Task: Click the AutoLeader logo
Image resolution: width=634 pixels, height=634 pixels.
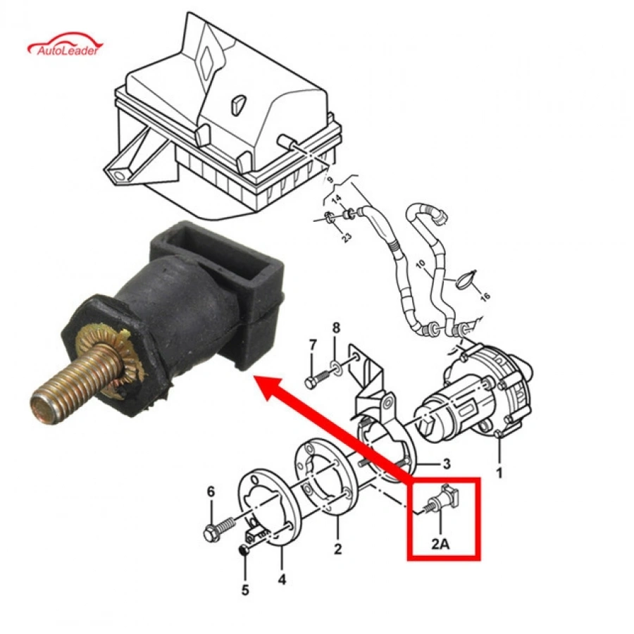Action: pos(65,44)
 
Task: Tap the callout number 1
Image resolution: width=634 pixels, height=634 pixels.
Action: pos(499,472)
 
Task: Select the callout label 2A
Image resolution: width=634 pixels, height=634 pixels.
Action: pos(440,544)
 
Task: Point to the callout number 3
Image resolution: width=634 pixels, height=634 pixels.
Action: pos(447,464)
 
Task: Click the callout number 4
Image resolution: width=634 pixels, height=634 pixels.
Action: pos(282,580)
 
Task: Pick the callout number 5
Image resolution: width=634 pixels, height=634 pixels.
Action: pos(245,590)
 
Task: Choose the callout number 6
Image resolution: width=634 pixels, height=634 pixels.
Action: pos(211,492)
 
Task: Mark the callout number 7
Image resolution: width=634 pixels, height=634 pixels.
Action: pos(313,346)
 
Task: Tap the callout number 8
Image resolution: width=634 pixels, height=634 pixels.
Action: pos(337,328)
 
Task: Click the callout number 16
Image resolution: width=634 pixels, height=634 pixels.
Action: pos(485,297)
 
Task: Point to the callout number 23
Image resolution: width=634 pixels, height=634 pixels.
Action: pos(347,237)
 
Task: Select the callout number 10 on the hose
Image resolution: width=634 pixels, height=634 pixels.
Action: pos(421,266)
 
